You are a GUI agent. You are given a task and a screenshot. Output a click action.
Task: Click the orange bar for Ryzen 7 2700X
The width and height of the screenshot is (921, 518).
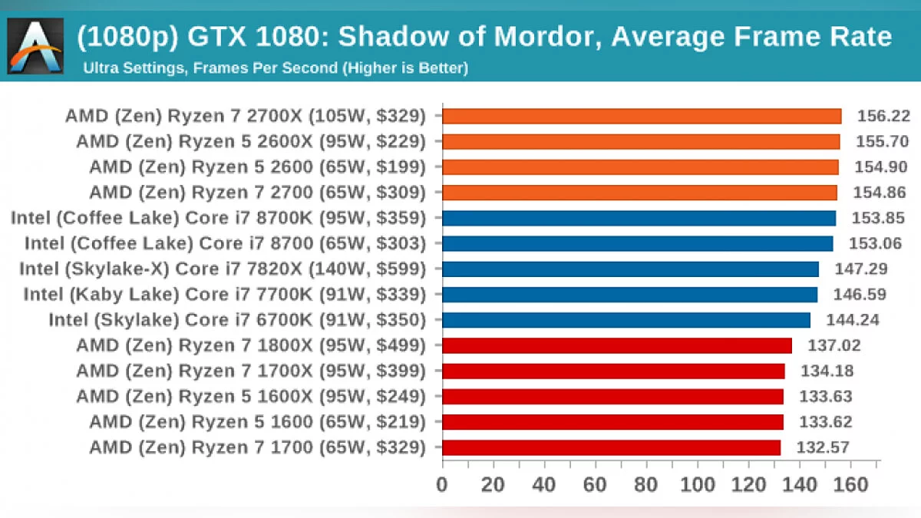(642, 116)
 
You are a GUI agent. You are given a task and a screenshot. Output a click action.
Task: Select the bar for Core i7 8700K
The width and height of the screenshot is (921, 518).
(639, 218)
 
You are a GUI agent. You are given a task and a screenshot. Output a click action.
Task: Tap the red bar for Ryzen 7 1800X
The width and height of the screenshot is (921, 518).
(617, 345)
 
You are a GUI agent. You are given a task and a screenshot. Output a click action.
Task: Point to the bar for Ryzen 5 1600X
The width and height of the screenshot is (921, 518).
(613, 396)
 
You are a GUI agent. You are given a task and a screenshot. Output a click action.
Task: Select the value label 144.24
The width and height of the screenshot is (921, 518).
(853, 320)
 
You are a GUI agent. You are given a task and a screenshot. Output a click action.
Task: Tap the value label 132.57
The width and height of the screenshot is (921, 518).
(823, 447)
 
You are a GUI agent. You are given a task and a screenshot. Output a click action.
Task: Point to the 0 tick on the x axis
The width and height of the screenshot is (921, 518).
(442, 485)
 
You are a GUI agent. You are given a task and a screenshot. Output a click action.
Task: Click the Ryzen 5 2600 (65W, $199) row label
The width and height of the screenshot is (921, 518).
(256, 167)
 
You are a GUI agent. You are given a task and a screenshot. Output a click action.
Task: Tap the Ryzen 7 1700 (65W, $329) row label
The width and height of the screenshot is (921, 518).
(256, 447)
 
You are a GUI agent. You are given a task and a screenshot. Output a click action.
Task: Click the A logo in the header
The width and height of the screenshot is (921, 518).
(35, 46)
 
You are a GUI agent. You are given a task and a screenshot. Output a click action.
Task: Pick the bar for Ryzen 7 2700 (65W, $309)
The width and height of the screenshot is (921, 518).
(640, 192)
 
